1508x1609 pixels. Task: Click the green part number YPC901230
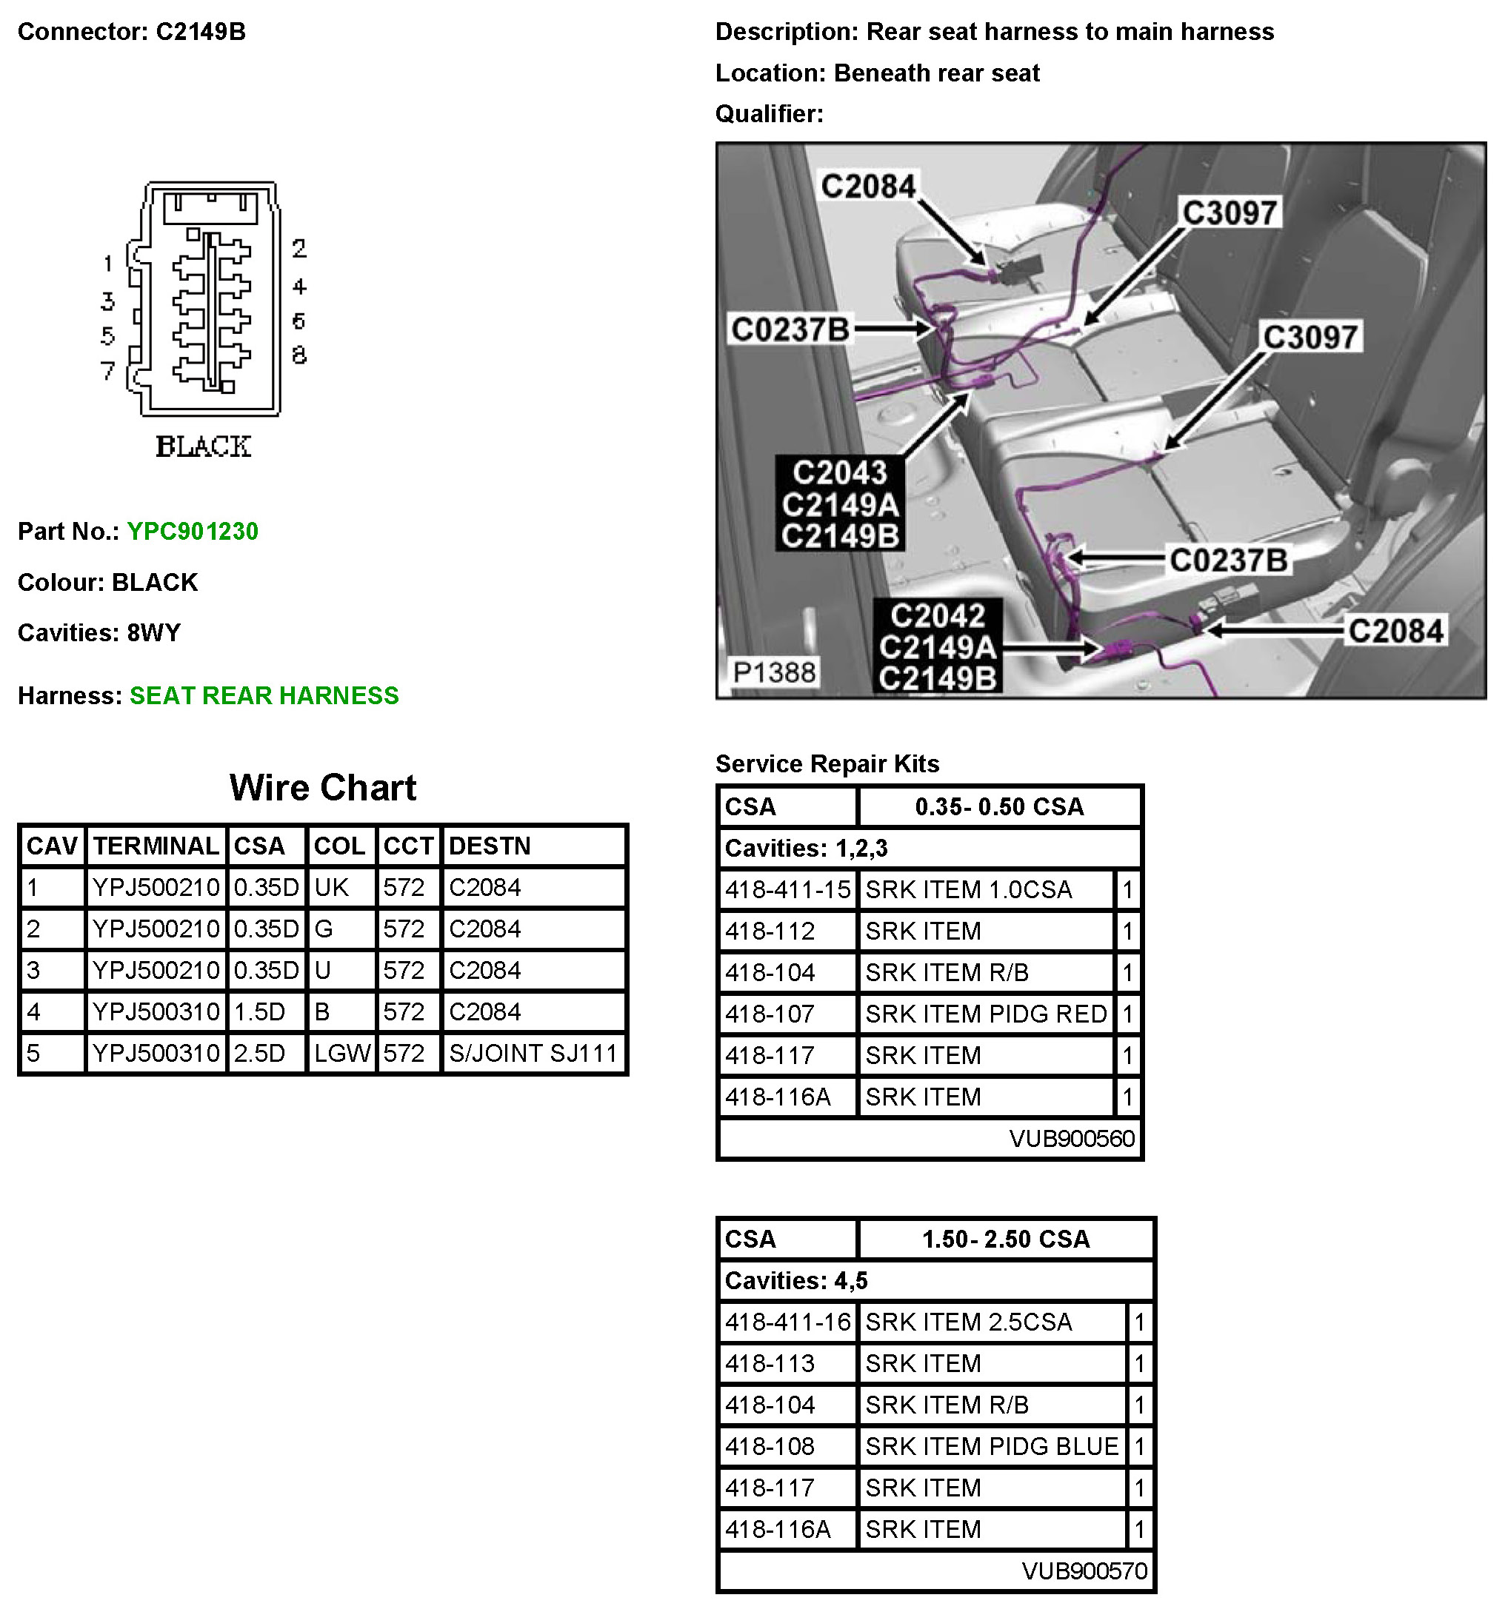pyautogui.click(x=192, y=532)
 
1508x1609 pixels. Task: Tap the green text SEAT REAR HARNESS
pyautogui.click(x=264, y=696)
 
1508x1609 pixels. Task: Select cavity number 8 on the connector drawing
pyautogui.click(x=298, y=355)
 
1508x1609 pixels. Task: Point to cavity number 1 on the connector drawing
pyautogui.click(x=107, y=263)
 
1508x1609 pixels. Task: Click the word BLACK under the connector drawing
pyautogui.click(x=203, y=446)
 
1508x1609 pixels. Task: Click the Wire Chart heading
pyautogui.click(x=323, y=788)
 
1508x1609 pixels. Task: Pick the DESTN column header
pyautogui.click(x=490, y=846)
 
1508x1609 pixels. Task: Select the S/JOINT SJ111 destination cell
pyautogui.click(x=533, y=1053)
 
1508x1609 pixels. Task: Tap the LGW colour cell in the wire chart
pyautogui.click(x=341, y=1053)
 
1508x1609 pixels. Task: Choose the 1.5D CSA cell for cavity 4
pyautogui.click(x=260, y=1011)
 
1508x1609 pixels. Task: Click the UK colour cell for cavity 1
pyautogui.click(x=331, y=888)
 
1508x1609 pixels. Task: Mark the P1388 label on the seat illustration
pyautogui.click(x=774, y=672)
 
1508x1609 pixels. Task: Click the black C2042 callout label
pyautogui.click(x=938, y=617)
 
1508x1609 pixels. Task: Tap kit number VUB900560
pyautogui.click(x=1072, y=1139)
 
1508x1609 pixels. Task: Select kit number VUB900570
pyautogui.click(x=1084, y=1571)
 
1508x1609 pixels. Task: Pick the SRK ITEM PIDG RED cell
pyautogui.click(x=985, y=1014)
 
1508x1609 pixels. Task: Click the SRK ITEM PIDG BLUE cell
pyautogui.click(x=992, y=1446)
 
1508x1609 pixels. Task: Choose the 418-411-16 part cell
pyautogui.click(x=787, y=1322)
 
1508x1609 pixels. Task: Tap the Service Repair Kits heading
pyautogui.click(x=827, y=764)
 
